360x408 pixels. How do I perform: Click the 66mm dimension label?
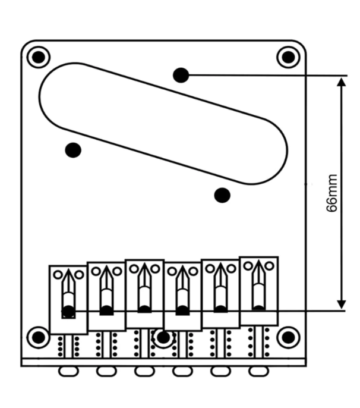[x=332, y=193]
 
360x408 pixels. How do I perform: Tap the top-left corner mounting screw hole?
[x=39, y=57]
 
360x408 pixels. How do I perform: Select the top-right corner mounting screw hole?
[x=289, y=57]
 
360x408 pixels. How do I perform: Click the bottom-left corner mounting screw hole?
[x=39, y=337]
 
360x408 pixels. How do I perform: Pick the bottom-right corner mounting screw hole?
[x=287, y=337]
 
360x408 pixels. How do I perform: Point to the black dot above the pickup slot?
[x=181, y=75]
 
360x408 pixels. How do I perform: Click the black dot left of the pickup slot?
[x=73, y=150]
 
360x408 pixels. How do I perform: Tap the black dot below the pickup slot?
[x=222, y=195]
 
